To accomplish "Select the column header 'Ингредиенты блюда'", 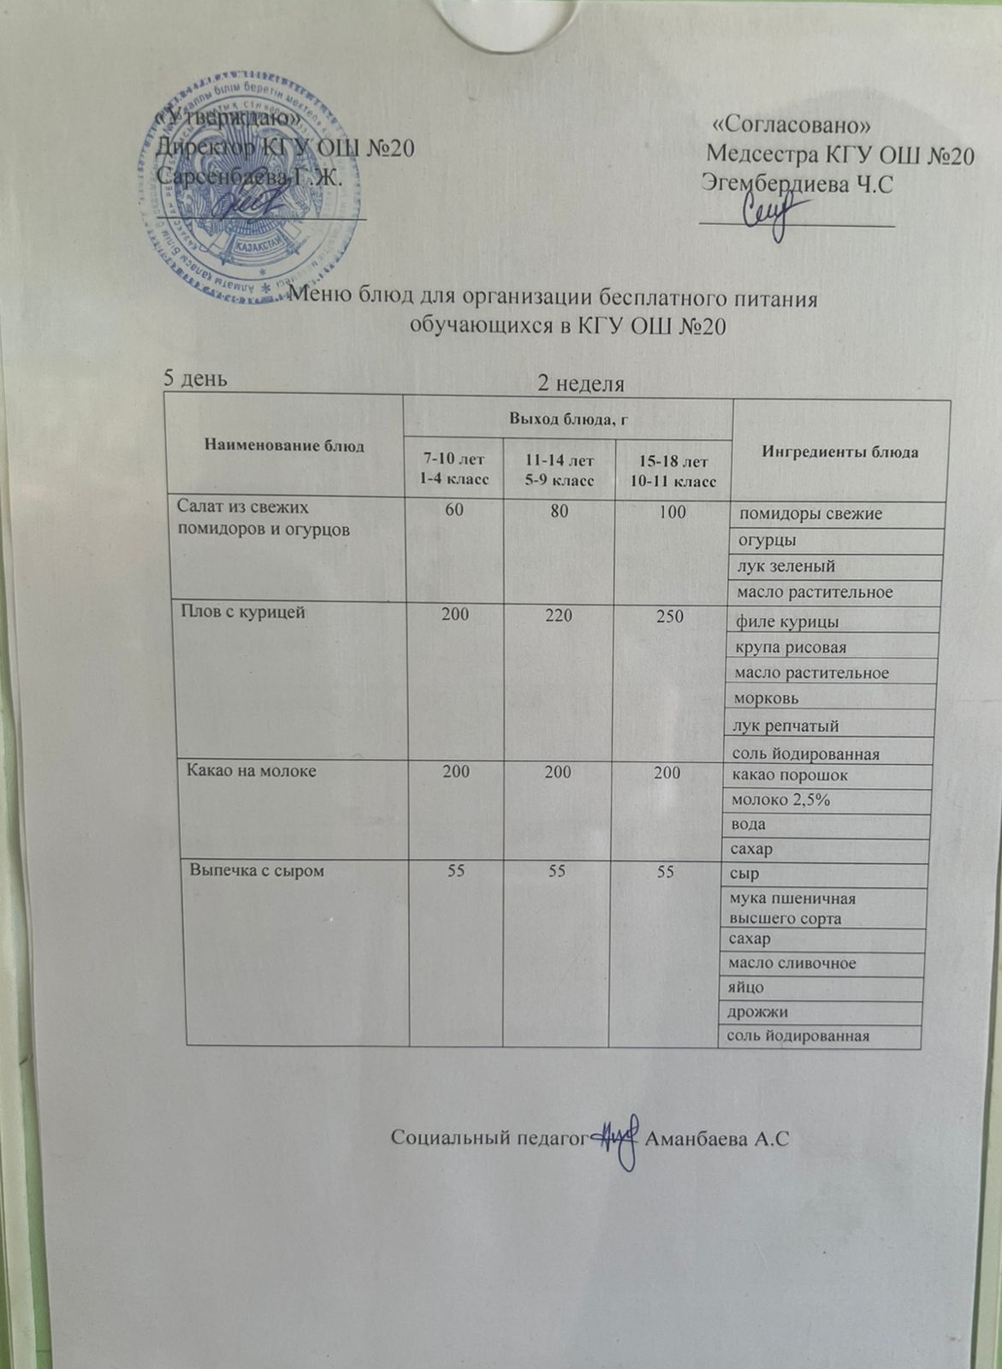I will pyautogui.click(x=840, y=452).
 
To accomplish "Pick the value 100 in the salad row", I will pyautogui.click(x=673, y=513).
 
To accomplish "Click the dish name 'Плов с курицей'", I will pyautogui.click(x=243, y=612).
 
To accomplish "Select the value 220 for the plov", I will pyautogui.click(x=558, y=613).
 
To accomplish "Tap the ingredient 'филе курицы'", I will pyautogui.click(x=787, y=621).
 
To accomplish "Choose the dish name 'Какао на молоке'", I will pyautogui.click(x=252, y=771).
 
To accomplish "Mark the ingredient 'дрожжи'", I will pyautogui.click(x=757, y=1012).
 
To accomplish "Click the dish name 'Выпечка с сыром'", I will pyautogui.click(x=257, y=871).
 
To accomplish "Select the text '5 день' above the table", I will pyautogui.click(x=195, y=378).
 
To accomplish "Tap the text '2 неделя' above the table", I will pyautogui.click(x=580, y=384).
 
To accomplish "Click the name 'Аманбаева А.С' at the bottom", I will pyautogui.click(x=717, y=1139).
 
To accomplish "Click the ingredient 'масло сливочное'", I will pyautogui.click(x=792, y=963).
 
